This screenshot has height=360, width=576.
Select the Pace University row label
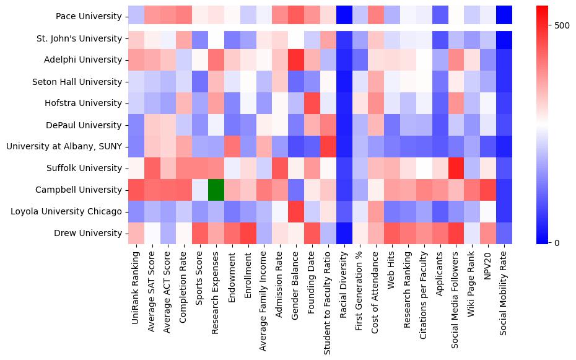tap(89, 16)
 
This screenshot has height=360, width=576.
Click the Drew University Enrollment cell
tap(248, 233)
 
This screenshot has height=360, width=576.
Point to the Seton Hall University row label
tap(82, 81)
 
